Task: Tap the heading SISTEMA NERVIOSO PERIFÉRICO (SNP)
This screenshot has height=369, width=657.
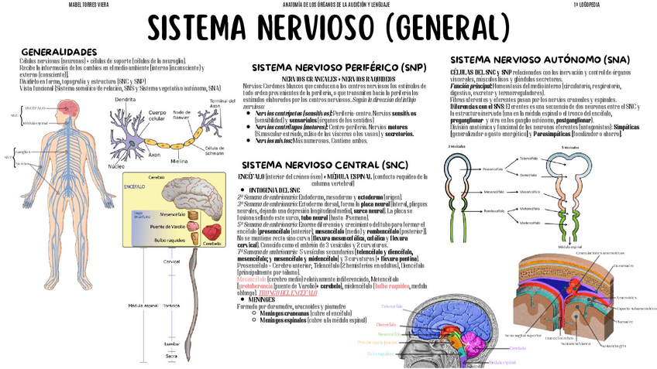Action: pyautogui.click(x=333, y=67)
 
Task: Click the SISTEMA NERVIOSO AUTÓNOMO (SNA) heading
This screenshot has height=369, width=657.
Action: pyautogui.click(x=540, y=59)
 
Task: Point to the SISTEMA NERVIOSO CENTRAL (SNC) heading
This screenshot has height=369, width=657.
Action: pyautogui.click(x=322, y=165)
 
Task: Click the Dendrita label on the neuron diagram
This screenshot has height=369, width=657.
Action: pyautogui.click(x=126, y=100)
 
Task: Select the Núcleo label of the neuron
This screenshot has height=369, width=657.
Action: pyautogui.click(x=116, y=166)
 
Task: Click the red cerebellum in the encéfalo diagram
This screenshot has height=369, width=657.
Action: pyautogui.click(x=211, y=231)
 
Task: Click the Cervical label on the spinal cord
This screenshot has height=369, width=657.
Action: pyautogui.click(x=171, y=261)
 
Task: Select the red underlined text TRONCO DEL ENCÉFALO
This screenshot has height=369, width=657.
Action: pyautogui.click(x=290, y=292)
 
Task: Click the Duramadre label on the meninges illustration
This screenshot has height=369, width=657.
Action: pyautogui.click(x=624, y=266)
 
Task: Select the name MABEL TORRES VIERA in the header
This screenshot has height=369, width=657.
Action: pyautogui.click(x=68, y=4)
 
